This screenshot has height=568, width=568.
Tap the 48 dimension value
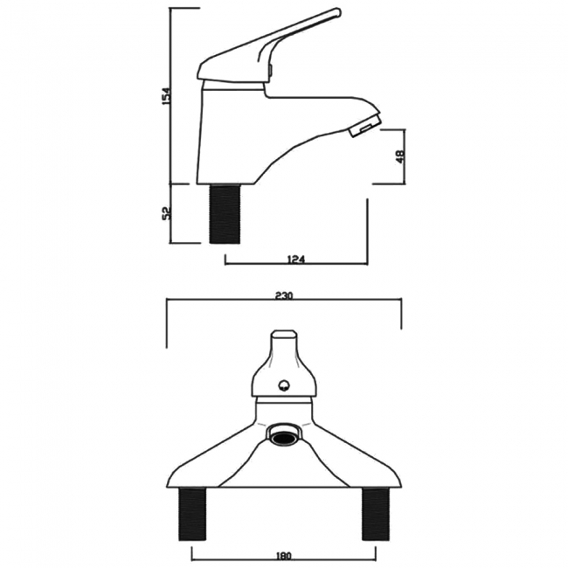tap(398, 157)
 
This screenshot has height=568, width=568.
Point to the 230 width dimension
tap(282, 296)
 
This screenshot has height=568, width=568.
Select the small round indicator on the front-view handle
tap(285, 384)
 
